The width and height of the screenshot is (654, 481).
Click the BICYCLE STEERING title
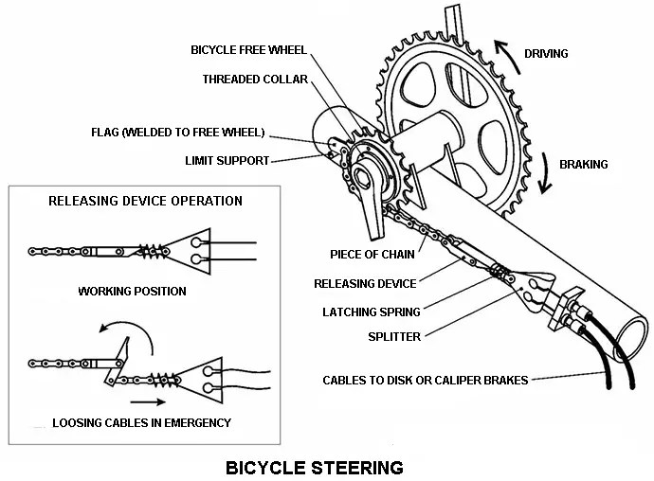314,467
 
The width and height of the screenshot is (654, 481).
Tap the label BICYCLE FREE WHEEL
249,49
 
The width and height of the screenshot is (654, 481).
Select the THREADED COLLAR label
256,80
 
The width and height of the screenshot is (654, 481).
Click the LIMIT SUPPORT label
227,160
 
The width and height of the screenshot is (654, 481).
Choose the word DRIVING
546,54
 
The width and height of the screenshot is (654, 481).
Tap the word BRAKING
584,164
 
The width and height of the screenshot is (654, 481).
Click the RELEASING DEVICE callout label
365,283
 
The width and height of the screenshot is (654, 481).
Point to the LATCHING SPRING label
371,312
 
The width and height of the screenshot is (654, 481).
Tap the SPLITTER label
394,337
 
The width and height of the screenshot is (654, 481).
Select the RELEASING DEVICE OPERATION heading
145,201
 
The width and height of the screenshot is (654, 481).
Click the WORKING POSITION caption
132,291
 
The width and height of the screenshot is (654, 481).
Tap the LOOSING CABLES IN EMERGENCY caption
142,421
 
